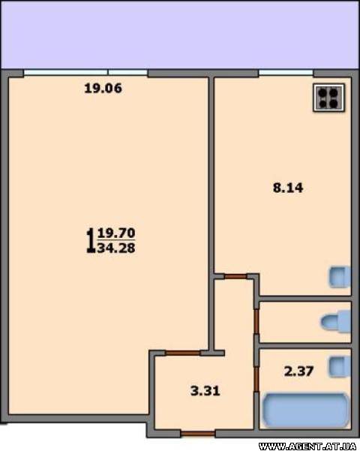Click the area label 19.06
coord(103,89)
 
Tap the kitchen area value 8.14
coord(288,188)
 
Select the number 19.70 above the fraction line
coord(116,233)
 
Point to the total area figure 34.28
coord(116,248)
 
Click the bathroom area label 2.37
coord(298,371)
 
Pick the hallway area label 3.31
coord(205,391)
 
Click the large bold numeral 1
coord(91,241)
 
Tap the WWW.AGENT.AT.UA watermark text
coord(307,446)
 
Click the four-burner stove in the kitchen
coord(329,98)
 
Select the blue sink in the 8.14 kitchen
coord(340,277)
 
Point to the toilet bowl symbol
coord(336,322)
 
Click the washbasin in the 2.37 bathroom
coord(340,367)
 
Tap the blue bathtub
coord(305,410)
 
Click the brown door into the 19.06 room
coord(182,353)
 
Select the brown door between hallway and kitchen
coord(235,277)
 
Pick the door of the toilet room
coord(256,321)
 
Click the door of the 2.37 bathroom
coord(256,379)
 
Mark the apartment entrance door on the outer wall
coord(198,434)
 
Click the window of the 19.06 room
coord(85,72)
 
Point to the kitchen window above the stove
coord(286,72)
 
